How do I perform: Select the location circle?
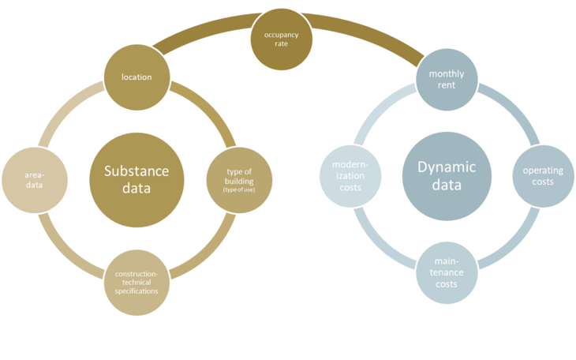(x=137, y=77)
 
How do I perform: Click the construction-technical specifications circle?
(x=137, y=279)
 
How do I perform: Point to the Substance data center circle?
(x=136, y=179)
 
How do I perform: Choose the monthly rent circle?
(x=446, y=80)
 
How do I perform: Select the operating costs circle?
(x=544, y=175)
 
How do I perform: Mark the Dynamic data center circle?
(x=446, y=175)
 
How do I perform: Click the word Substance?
(x=136, y=171)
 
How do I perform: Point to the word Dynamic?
(x=446, y=167)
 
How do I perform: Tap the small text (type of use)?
(x=239, y=190)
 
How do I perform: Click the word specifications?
(x=137, y=291)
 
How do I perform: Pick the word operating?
(x=544, y=170)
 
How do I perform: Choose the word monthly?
(x=446, y=74)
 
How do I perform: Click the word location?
(x=137, y=77)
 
